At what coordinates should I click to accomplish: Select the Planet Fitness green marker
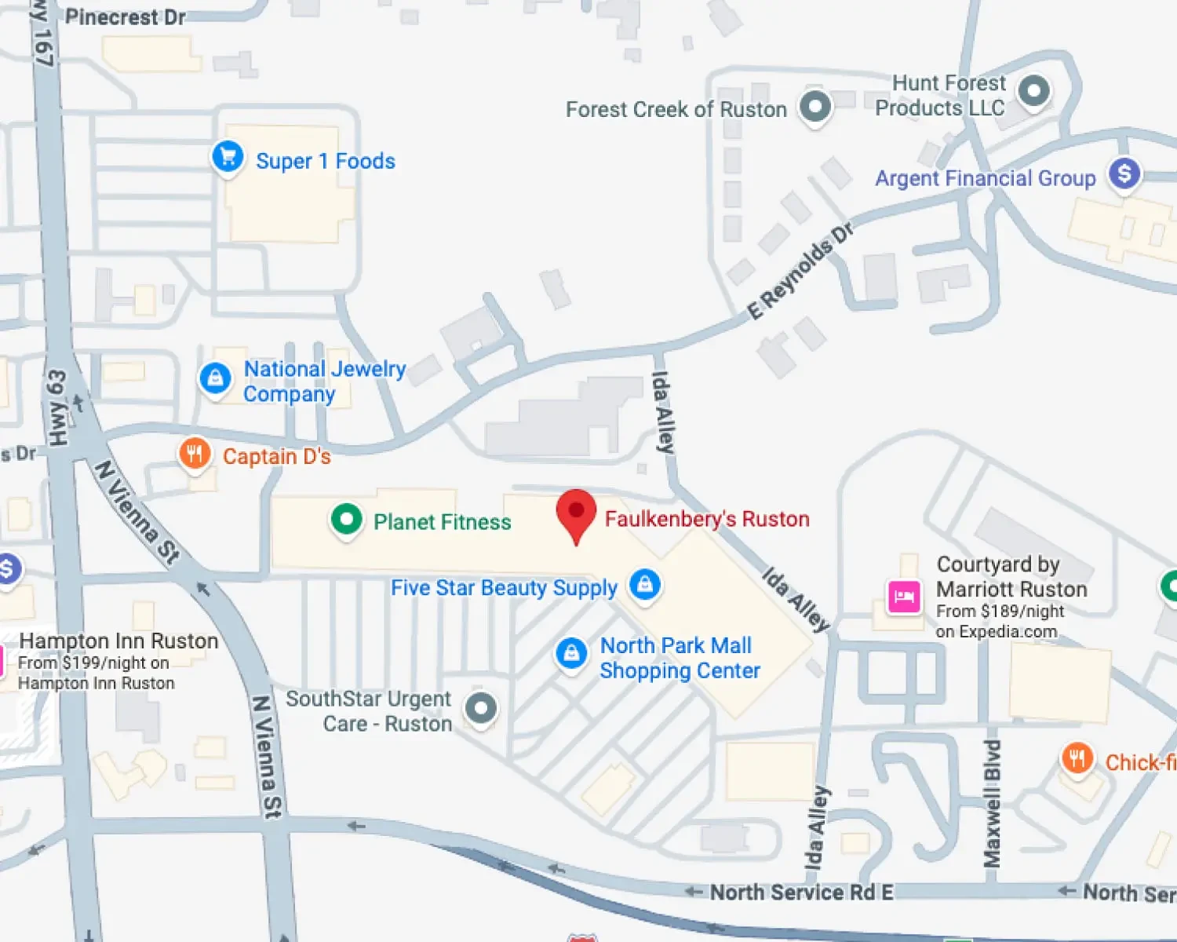346,519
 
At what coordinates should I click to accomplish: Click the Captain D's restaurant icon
195,454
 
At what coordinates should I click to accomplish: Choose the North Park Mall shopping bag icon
571,653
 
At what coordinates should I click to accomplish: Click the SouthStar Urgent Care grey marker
481,708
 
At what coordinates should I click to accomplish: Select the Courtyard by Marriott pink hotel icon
904,597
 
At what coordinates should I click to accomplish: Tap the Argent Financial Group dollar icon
1124,173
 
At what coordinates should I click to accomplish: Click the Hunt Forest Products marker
1033,91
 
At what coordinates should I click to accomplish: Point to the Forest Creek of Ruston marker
815,106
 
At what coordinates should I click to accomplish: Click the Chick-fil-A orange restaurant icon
1077,759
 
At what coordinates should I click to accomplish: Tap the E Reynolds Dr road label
800,271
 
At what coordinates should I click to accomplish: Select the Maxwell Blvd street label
993,802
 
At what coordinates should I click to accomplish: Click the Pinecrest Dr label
126,16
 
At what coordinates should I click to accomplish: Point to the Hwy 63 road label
58,408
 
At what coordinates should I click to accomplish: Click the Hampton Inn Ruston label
118,641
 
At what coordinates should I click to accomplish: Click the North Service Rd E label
801,893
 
